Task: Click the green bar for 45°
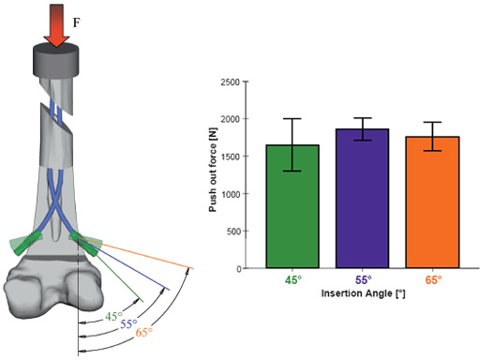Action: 292,206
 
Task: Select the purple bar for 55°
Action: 363,198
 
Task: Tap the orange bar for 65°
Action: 432,202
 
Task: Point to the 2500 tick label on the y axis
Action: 230,82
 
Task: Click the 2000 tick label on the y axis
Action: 230,119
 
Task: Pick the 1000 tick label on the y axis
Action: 230,194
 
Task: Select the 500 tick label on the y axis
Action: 232,232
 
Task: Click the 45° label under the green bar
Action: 293,280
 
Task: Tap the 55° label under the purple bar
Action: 363,280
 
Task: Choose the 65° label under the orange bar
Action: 433,280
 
